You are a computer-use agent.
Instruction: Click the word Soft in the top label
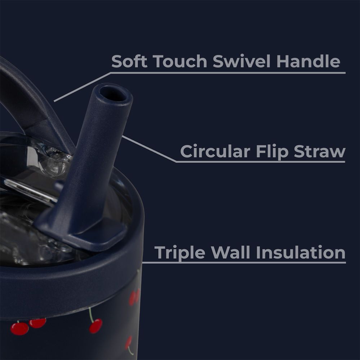click(129, 61)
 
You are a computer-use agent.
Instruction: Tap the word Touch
click(180, 61)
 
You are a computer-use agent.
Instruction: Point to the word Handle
click(308, 61)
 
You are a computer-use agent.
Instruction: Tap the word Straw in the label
click(320, 151)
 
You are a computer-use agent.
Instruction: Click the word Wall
click(231, 252)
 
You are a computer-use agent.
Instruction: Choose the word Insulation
click(301, 252)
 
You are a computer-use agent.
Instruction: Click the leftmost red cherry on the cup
click(19, 329)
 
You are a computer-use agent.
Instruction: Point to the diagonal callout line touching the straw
click(149, 149)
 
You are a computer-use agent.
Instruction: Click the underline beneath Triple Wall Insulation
click(244, 262)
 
